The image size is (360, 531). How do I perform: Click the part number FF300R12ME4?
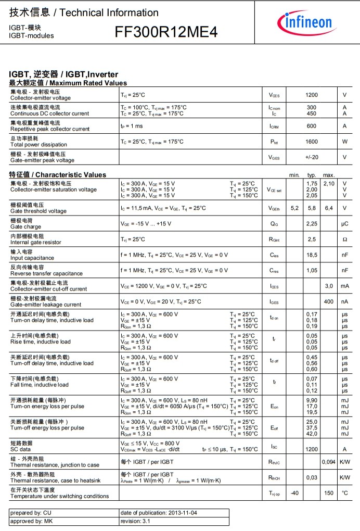(166, 33)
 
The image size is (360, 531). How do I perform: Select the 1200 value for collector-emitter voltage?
(311, 95)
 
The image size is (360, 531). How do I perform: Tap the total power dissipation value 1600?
(311, 142)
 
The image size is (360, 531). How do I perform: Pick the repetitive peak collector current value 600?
(311, 126)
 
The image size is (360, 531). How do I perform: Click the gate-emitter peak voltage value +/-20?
(311, 157)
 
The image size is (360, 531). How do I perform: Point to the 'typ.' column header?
(312, 175)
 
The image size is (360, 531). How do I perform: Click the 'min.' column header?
(294, 175)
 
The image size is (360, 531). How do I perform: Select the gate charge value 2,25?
(311, 224)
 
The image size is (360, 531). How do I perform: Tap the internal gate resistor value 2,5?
(311, 239)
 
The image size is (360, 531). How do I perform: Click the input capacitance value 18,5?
(311, 255)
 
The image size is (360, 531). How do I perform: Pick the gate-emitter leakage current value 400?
(329, 302)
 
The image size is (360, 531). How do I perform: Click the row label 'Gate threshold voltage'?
(38, 211)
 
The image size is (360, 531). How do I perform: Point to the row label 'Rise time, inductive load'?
(40, 342)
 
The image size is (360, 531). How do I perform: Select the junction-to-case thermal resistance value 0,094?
(328, 462)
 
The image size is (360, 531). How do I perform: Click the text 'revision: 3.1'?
(138, 521)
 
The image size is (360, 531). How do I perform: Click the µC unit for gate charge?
(344, 224)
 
